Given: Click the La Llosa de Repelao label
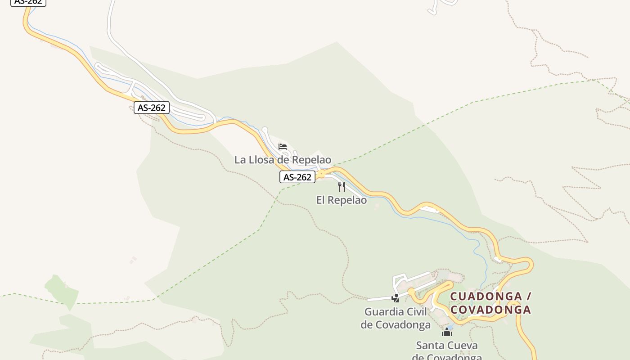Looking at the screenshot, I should pyautogui.click(x=283, y=160).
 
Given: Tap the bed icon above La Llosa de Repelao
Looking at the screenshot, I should pyautogui.click(x=283, y=147).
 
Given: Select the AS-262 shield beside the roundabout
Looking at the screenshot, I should pyautogui.click(x=297, y=177).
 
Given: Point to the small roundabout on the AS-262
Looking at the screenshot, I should pyautogui.click(x=321, y=173).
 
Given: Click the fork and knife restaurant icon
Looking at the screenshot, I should pyautogui.click(x=342, y=186).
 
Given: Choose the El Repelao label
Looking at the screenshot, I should pyautogui.click(x=341, y=200).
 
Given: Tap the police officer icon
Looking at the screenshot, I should pyautogui.click(x=395, y=298).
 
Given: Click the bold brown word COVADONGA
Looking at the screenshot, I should pyautogui.click(x=490, y=310).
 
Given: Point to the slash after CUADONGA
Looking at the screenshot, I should pyautogui.click(x=529, y=297).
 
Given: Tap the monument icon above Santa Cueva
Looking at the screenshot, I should pyautogui.click(x=447, y=333).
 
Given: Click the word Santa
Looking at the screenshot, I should pyautogui.click(x=429, y=346).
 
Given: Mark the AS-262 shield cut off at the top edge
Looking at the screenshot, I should pyautogui.click(x=28, y=2).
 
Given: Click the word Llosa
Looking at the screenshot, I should pyautogui.click(x=267, y=160).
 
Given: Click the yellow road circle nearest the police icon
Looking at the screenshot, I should pyautogui.click(x=411, y=292).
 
